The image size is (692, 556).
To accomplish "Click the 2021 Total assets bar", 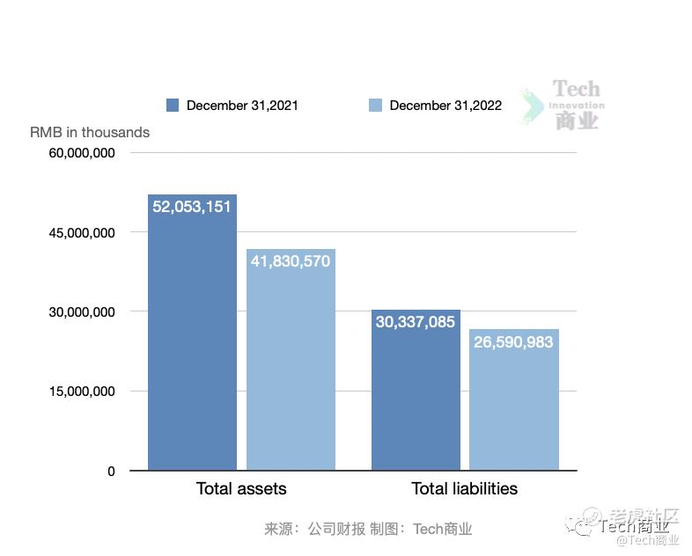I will click(192, 352).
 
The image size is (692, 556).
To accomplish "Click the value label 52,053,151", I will click(192, 207).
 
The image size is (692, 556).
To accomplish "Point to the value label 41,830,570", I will click(291, 261).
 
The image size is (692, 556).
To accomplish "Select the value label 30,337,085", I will click(416, 322).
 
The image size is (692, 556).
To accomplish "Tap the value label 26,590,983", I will click(514, 341).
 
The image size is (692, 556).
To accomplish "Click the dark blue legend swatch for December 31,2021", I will click(173, 106).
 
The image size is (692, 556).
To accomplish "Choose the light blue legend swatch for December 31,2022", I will click(375, 106).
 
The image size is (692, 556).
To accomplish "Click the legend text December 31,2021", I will click(242, 106).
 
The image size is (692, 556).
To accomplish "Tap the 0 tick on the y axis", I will click(111, 471).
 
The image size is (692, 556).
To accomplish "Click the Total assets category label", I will click(241, 488).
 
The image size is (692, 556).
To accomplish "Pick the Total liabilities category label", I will click(465, 488).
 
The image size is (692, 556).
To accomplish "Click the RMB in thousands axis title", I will click(90, 132).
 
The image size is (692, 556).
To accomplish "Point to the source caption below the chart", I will click(368, 529).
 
